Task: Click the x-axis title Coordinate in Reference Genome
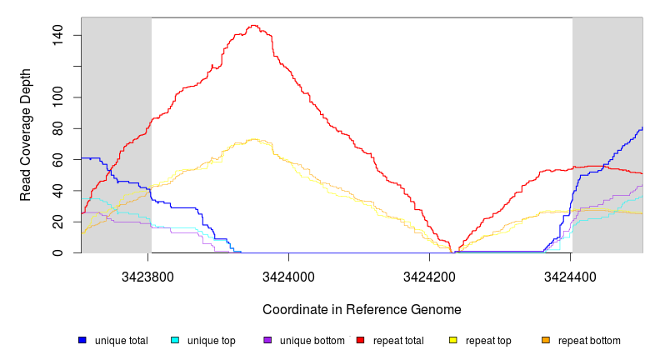362,309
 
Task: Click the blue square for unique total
82,340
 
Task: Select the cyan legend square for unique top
175,340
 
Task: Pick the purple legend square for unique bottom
267,340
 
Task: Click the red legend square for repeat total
360,340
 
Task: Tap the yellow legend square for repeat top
453,340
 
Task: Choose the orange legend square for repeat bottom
546,340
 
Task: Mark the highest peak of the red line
253,26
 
